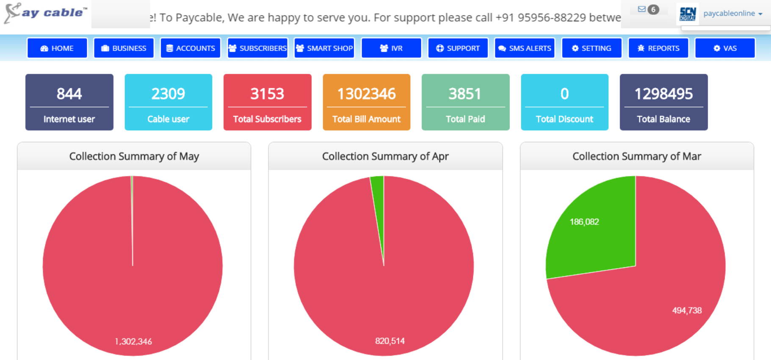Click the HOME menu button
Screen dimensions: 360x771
57,48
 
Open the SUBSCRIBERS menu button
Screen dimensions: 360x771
257,48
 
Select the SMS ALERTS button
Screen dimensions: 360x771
525,48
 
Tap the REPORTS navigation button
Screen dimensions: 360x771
658,48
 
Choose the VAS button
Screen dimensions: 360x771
725,48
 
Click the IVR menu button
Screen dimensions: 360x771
391,48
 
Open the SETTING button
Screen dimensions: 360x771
591,48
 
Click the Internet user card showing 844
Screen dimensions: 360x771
69,102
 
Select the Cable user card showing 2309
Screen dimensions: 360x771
169,102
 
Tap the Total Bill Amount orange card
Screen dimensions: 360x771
367,102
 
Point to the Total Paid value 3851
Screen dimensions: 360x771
465,94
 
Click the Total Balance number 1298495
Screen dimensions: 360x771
663,94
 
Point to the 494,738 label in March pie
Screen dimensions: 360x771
687,310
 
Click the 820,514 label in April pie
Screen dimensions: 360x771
390,341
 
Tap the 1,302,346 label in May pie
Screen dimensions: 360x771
133,341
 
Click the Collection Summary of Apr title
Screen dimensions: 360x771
385,156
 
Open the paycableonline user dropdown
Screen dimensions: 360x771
733,14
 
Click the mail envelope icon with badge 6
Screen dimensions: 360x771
642,9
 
